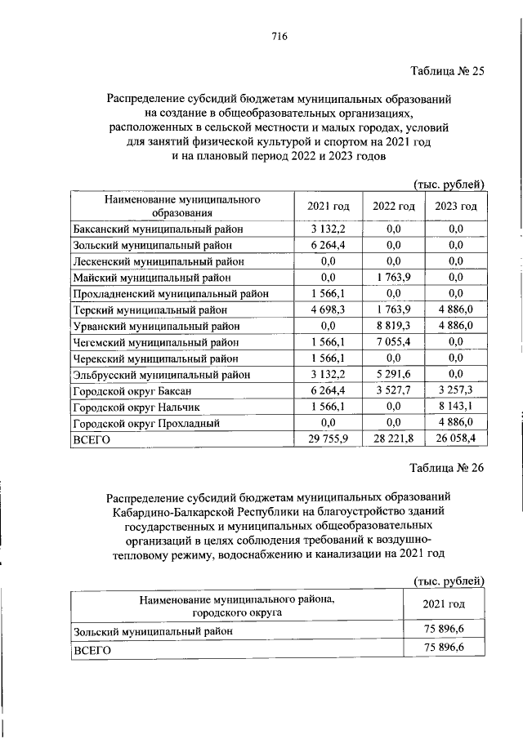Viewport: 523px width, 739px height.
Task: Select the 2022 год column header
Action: (x=393, y=206)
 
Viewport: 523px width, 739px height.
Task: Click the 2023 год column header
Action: (x=456, y=206)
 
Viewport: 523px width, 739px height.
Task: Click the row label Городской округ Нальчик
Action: (x=135, y=406)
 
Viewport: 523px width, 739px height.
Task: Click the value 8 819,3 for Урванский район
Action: (x=393, y=325)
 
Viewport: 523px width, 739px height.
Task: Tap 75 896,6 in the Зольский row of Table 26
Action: (x=445, y=630)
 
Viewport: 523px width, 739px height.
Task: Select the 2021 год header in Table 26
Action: (x=445, y=604)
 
